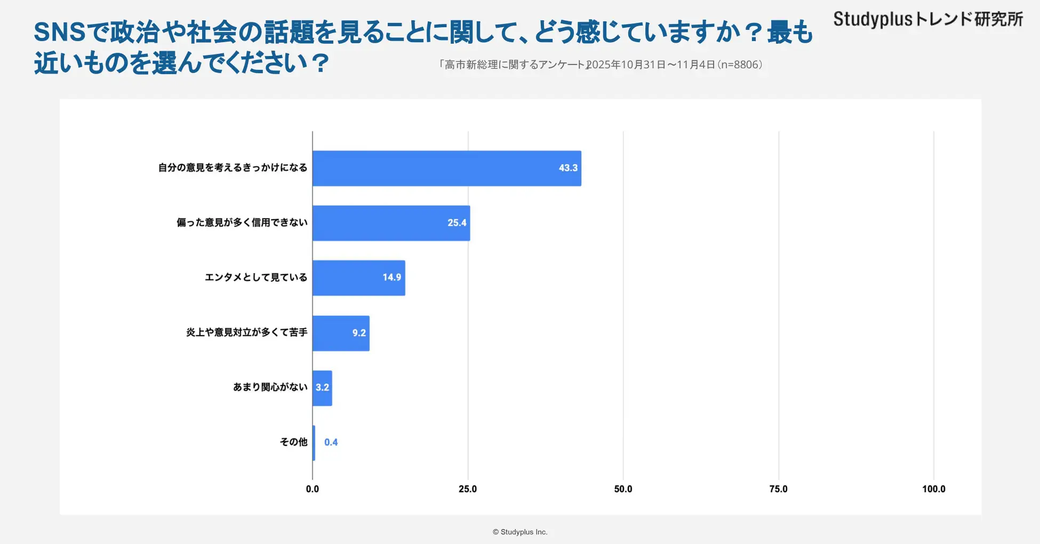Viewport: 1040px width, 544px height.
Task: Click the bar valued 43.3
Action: coord(446,169)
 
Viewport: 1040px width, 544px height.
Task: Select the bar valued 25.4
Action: coord(391,223)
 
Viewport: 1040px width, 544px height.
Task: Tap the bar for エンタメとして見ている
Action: coord(358,278)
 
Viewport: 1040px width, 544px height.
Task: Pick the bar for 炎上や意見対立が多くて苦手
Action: coord(341,333)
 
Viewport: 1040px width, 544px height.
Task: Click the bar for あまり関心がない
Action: coord(322,388)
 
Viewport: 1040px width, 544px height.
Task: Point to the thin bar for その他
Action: coord(314,443)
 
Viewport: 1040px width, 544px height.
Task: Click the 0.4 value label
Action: coord(331,442)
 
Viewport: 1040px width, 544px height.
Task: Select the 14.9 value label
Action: coord(391,277)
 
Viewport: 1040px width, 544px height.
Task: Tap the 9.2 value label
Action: coord(359,333)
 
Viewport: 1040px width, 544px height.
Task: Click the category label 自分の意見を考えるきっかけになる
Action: coord(233,167)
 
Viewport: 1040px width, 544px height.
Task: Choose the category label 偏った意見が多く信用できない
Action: coord(242,222)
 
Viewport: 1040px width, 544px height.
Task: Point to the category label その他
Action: coord(293,442)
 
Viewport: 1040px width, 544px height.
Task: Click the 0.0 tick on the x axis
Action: coord(313,489)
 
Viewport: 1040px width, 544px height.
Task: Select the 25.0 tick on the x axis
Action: coord(468,489)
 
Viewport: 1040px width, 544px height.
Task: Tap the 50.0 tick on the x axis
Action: coord(623,489)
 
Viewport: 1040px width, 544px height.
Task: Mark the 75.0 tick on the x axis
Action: coord(778,489)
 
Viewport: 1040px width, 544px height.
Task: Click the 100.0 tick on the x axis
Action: coord(933,489)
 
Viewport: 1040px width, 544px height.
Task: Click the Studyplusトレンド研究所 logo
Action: coord(928,19)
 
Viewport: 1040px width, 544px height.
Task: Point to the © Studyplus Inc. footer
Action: coord(520,532)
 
